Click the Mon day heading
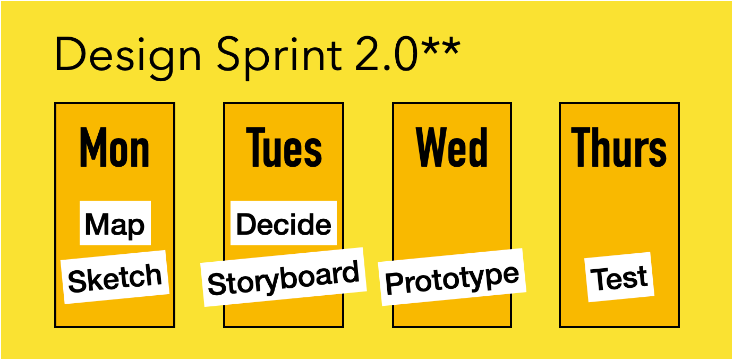115,147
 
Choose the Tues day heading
284,147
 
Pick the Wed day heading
452,147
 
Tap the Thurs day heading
619,147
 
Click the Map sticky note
115,224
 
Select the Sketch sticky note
115,277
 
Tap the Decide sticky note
284,224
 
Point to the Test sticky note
619,277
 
